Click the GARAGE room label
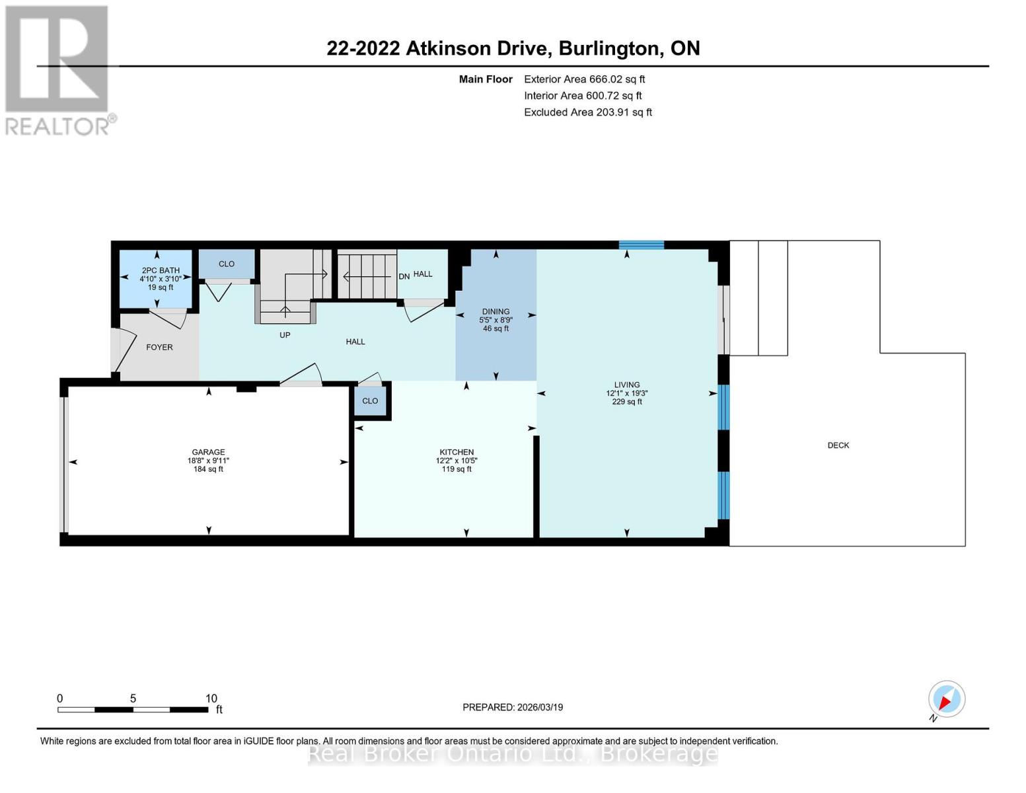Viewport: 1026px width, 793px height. tap(208, 452)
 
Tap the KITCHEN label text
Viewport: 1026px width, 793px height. tap(457, 452)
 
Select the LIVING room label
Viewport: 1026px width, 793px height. tap(626, 385)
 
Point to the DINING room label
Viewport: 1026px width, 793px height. tap(495, 311)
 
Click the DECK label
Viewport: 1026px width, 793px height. tap(838, 445)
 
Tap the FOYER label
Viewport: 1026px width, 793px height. tap(159, 347)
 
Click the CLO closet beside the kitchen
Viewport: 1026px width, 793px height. tap(370, 401)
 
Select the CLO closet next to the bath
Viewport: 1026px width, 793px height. tap(227, 264)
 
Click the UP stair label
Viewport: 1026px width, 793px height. tap(285, 335)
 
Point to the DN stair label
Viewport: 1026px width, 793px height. tap(404, 276)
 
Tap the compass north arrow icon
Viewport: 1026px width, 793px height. tap(946, 699)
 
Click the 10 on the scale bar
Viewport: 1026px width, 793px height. tap(211, 699)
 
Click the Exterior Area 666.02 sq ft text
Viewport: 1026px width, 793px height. tap(584, 79)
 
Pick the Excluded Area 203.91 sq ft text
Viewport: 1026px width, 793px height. tap(587, 112)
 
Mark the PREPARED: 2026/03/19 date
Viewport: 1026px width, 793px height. tap(513, 707)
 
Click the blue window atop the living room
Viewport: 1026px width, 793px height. tap(641, 245)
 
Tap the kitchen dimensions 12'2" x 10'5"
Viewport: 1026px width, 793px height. tap(457, 461)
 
